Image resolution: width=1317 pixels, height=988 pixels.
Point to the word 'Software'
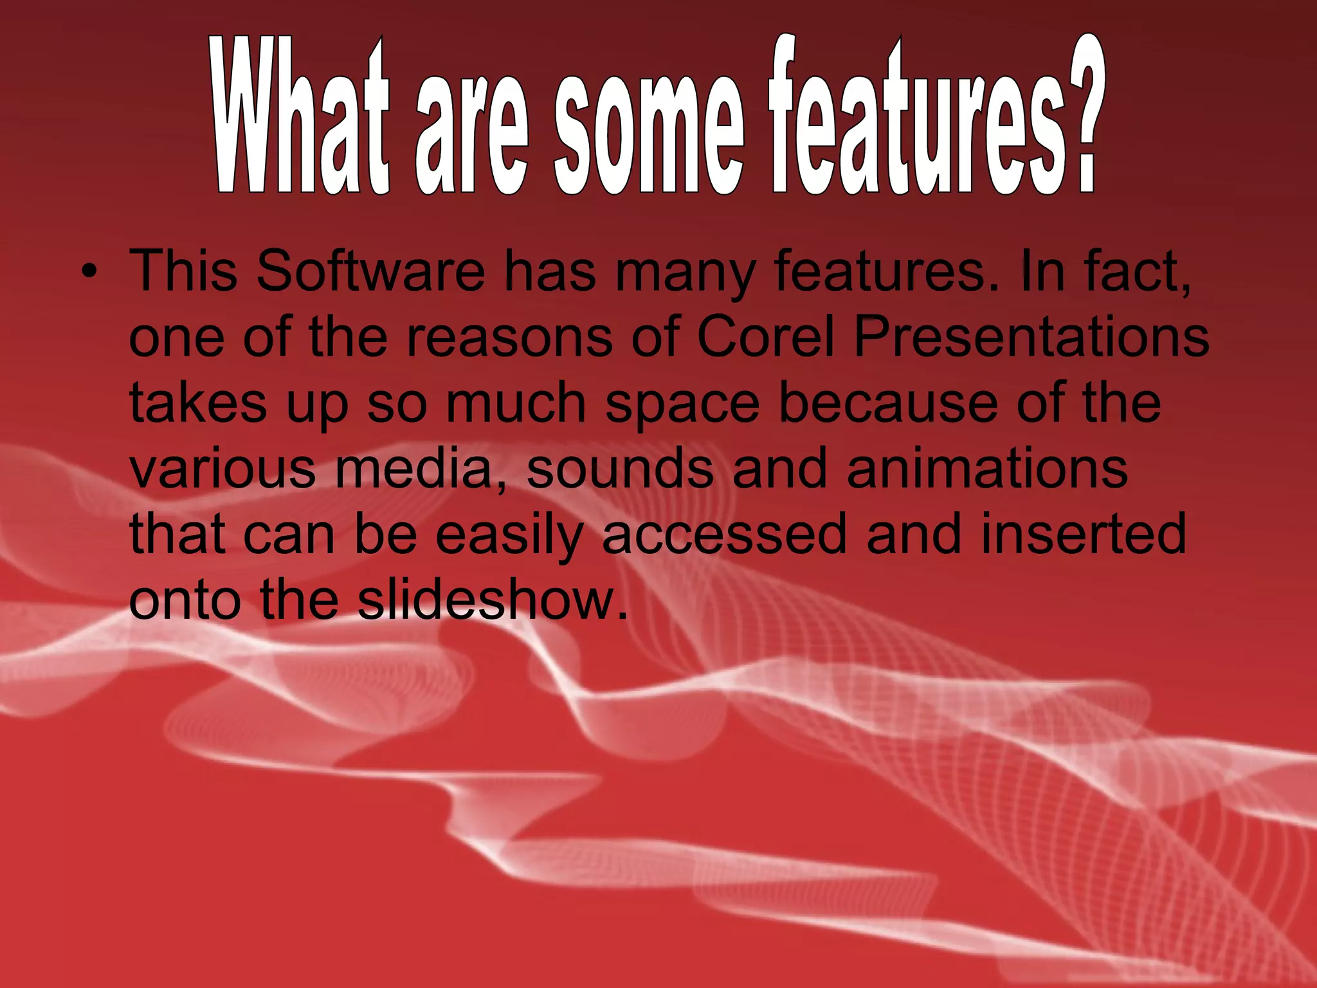click(370, 271)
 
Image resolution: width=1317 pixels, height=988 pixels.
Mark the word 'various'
click(223, 469)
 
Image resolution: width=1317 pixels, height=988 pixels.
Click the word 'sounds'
click(620, 469)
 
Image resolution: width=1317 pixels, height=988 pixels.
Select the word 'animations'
click(987, 469)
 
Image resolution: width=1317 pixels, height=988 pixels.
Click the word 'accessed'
click(724, 535)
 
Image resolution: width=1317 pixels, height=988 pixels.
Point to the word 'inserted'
click(1083, 535)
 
